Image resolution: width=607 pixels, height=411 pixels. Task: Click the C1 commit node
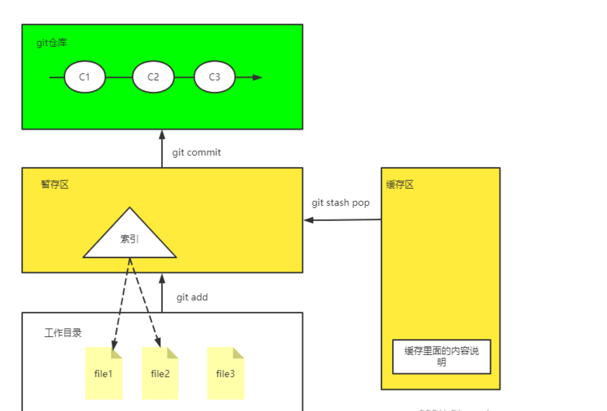click(x=85, y=77)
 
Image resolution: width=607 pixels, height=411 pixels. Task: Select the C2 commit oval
click(x=153, y=77)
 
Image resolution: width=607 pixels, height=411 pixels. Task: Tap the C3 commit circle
click(x=214, y=77)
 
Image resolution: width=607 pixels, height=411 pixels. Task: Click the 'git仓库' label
click(x=52, y=43)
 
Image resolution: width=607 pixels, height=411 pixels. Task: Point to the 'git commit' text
click(x=197, y=153)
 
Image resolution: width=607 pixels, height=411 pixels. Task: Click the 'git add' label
click(x=192, y=297)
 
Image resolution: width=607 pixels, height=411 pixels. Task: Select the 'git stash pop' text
click(x=340, y=203)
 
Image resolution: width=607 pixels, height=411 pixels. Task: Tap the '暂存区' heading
click(x=55, y=185)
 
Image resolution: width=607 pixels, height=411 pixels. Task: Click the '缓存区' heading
click(x=400, y=185)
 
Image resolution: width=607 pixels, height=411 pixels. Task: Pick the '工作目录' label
click(x=63, y=333)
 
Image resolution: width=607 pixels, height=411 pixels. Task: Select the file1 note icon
click(x=104, y=374)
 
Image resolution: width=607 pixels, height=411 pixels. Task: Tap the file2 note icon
click(x=160, y=374)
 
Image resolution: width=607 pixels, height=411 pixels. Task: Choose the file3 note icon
click(x=226, y=374)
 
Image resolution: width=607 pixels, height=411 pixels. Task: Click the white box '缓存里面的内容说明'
click(x=441, y=356)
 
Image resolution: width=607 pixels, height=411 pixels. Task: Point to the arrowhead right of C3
click(x=257, y=77)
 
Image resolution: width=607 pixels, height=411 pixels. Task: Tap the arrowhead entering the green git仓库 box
click(x=162, y=135)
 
